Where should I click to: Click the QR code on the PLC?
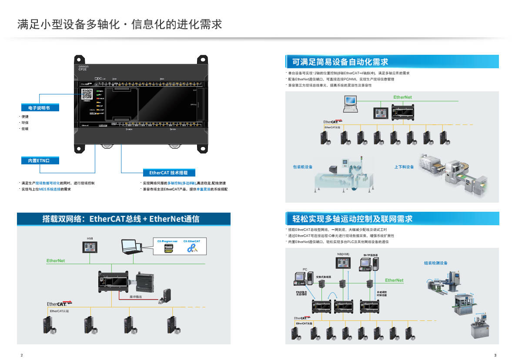pos(87,93)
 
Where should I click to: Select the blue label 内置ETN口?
pos(39,160)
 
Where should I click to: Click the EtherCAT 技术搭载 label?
pos(169,173)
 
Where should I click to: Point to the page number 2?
pos(22,355)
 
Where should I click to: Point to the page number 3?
pos(495,355)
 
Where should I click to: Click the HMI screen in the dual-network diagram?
pos(90,247)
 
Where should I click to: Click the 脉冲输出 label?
pos(136,296)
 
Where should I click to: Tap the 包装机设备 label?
pos(302,167)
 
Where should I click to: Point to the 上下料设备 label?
pos(404,167)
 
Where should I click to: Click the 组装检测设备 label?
pos(435,263)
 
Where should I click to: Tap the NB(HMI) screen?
pos(343,263)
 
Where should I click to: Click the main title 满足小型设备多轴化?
pos(120,24)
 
